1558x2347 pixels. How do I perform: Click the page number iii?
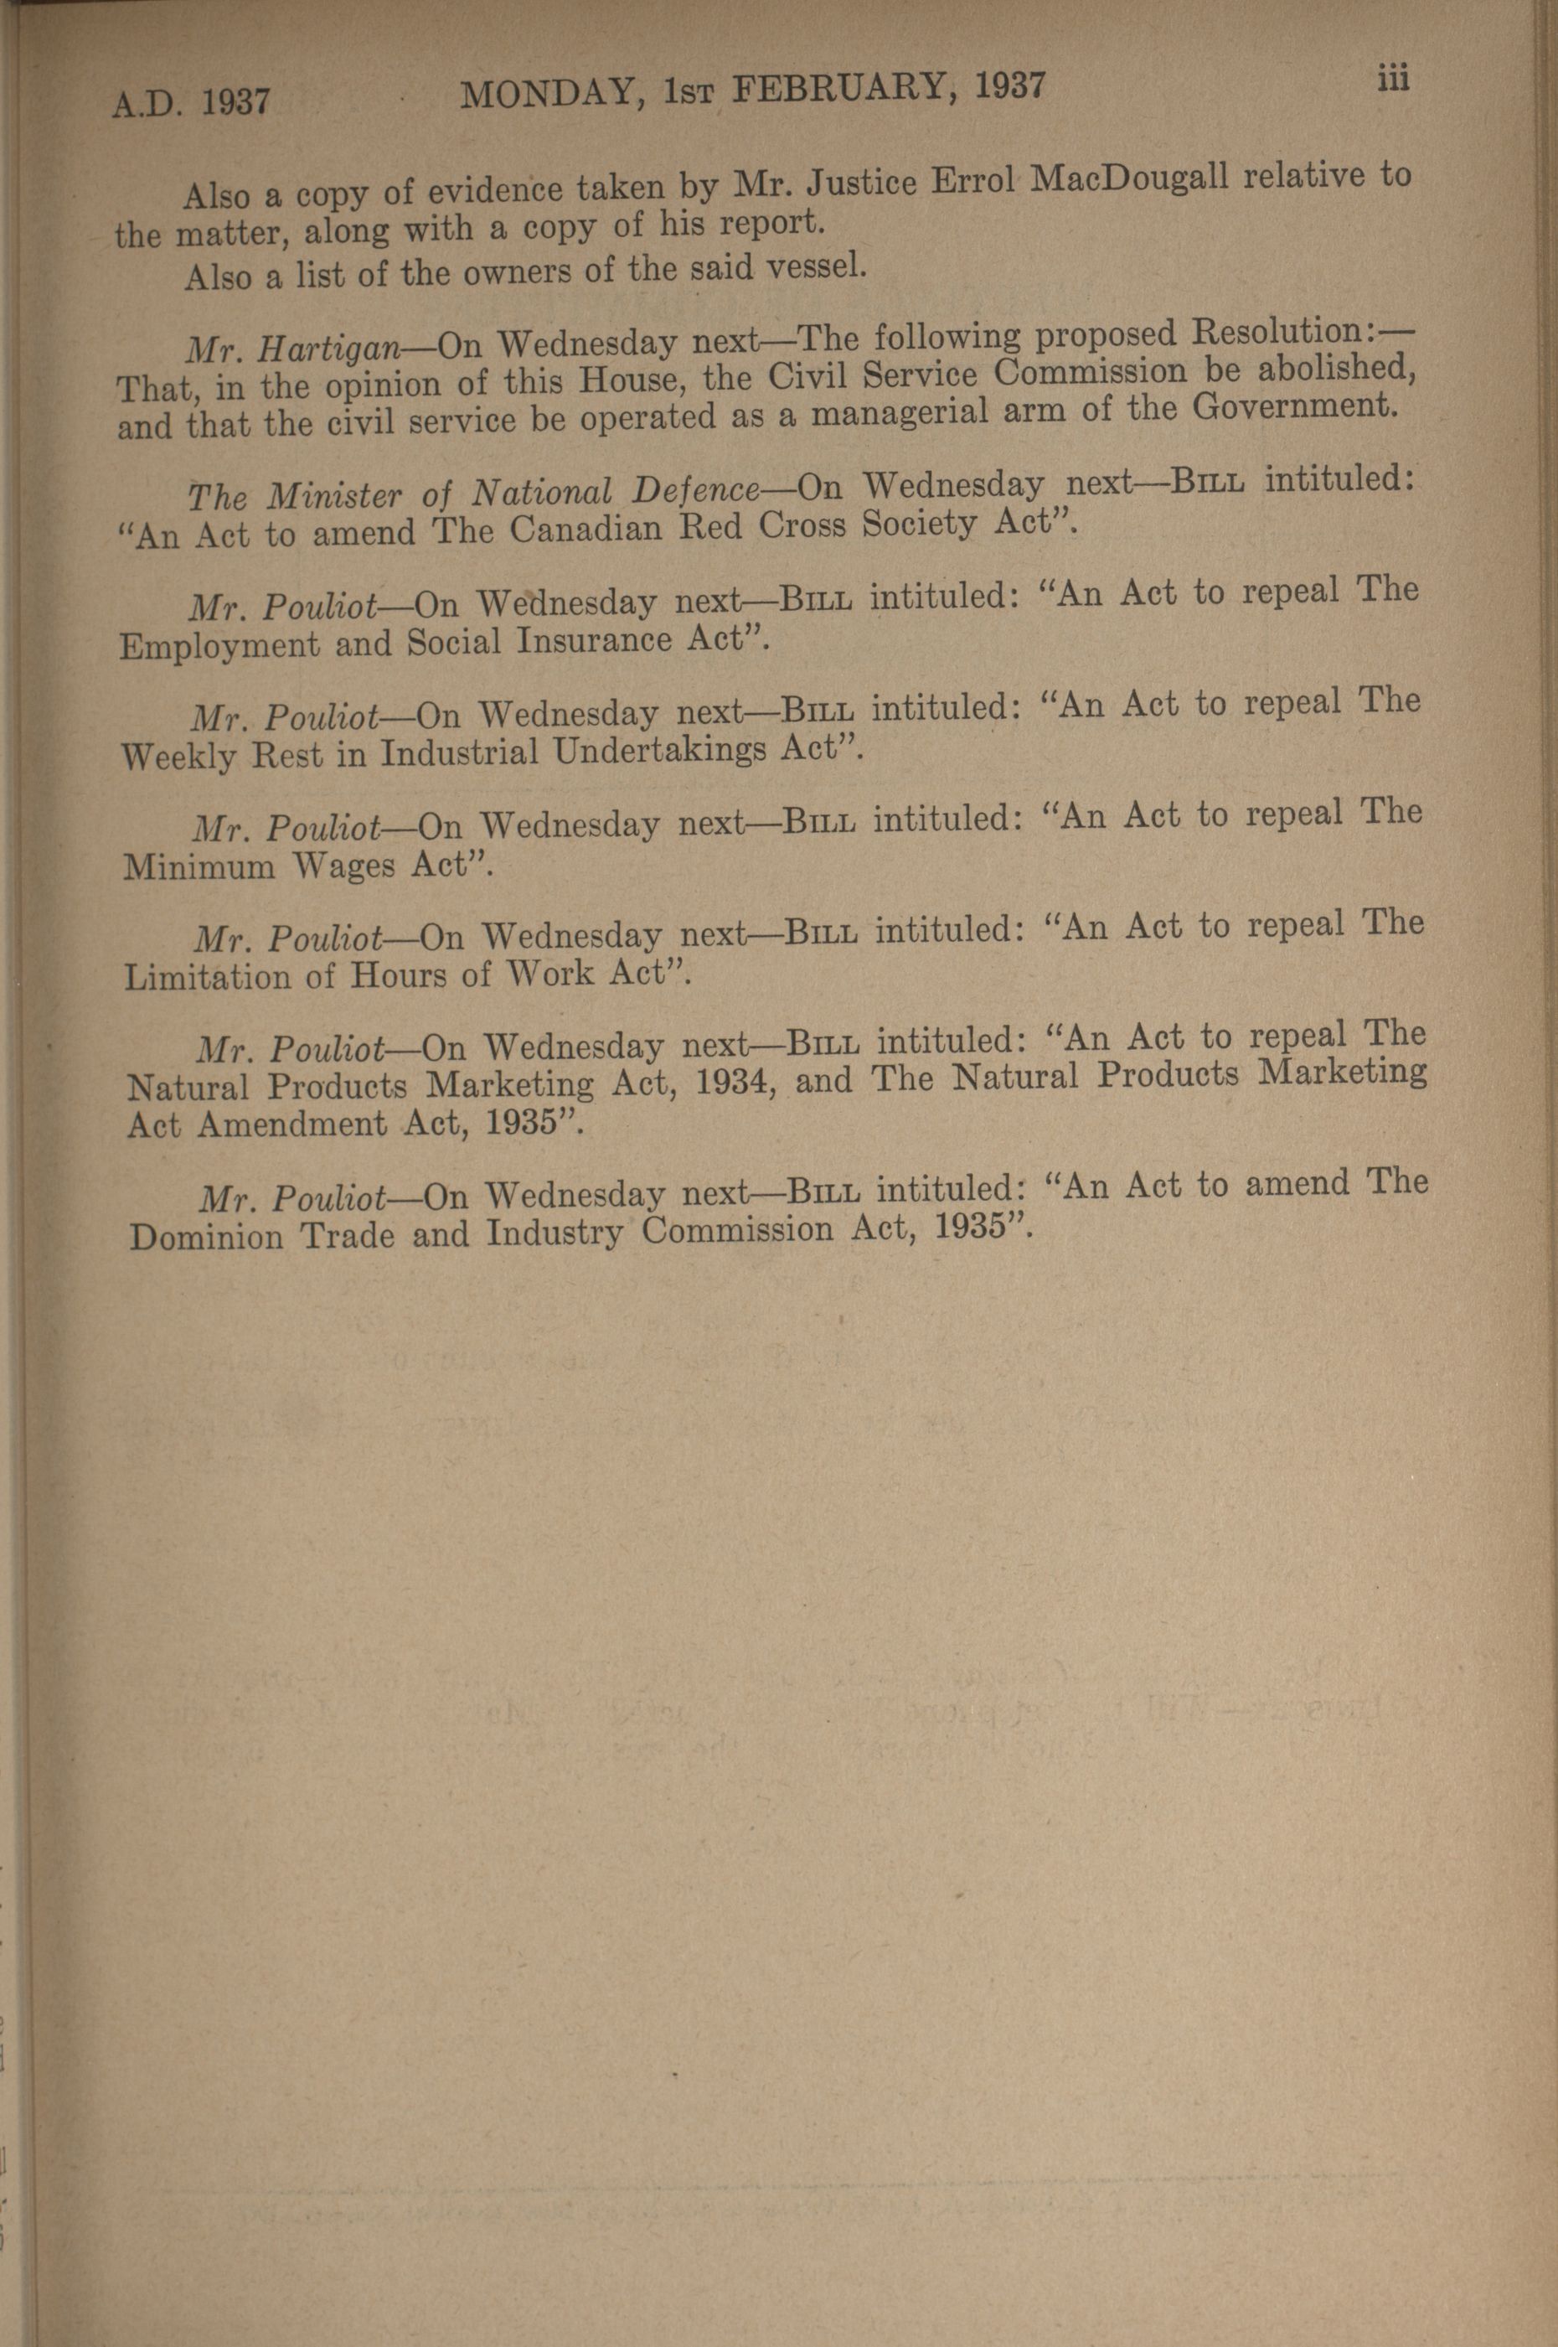pyautogui.click(x=1394, y=80)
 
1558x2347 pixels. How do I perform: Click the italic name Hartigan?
pyautogui.click(x=332, y=349)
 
